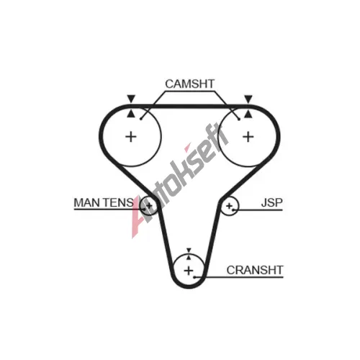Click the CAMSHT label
tap(189, 84)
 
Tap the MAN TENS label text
tap(104, 202)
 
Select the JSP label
tap(271, 202)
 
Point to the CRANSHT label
tap(255, 270)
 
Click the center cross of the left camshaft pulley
tap(131, 137)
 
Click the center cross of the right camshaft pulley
tap(248, 137)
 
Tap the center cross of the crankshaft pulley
tap(189, 271)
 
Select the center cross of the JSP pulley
tap(229, 206)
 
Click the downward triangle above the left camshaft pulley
tap(131, 99)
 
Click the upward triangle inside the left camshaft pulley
tap(131, 114)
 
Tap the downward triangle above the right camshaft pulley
tap(248, 99)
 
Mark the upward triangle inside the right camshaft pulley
tap(248, 114)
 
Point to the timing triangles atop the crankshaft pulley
tap(189, 254)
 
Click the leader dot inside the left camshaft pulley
tap(141, 119)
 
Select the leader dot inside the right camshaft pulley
tap(239, 120)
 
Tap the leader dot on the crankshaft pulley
tap(194, 277)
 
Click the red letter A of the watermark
tap(138, 216)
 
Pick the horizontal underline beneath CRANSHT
tap(239, 277)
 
